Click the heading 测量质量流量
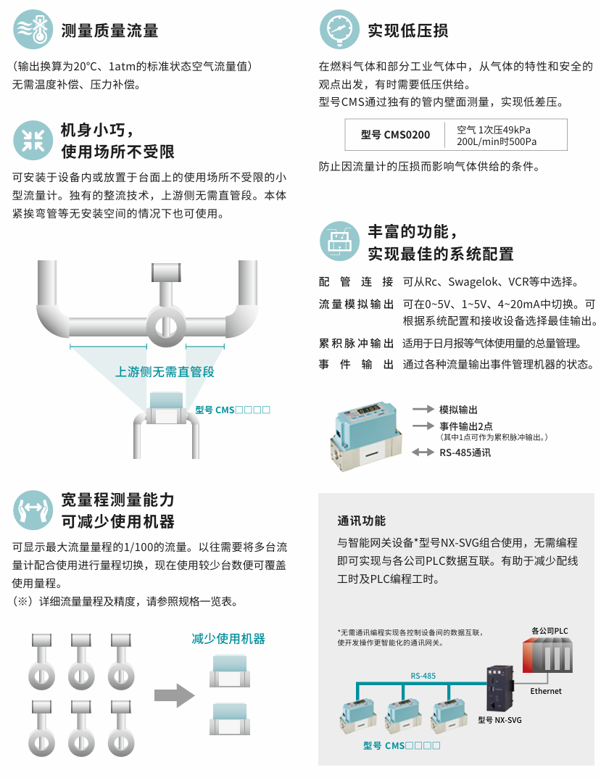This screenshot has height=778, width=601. (x=109, y=30)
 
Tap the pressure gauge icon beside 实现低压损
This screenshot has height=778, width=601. (x=339, y=29)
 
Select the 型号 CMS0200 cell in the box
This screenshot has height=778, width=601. (x=395, y=134)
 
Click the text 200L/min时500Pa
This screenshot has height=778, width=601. (x=497, y=141)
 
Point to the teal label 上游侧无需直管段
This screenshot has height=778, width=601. (x=165, y=372)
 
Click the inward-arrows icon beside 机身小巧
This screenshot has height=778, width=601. (x=33, y=141)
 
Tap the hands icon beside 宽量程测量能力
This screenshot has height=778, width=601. (x=33, y=510)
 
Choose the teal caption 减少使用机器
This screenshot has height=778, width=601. (x=228, y=639)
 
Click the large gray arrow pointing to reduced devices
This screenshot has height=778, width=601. (x=174, y=695)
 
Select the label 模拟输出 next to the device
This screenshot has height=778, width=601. (x=458, y=410)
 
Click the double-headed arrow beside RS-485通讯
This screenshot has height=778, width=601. (x=423, y=452)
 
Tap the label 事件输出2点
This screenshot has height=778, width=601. (x=466, y=426)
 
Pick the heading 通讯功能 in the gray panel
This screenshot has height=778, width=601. (x=361, y=521)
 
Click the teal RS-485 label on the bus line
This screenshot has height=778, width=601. (x=423, y=676)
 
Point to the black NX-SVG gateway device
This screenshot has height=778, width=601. (x=500, y=688)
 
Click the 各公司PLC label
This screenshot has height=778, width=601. (x=550, y=631)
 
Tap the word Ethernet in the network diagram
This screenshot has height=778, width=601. (x=546, y=691)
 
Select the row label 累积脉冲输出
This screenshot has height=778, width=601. (x=356, y=344)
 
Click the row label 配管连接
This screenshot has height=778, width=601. (x=356, y=282)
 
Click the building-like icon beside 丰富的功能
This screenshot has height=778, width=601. (x=339, y=241)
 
